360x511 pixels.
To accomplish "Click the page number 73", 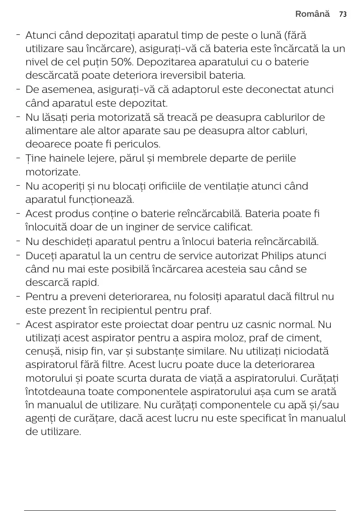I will click(342, 14).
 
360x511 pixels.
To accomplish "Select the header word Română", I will click(312, 14).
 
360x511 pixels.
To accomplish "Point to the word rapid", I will click(86, 283).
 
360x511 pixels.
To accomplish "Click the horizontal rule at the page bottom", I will click(180, 511).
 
